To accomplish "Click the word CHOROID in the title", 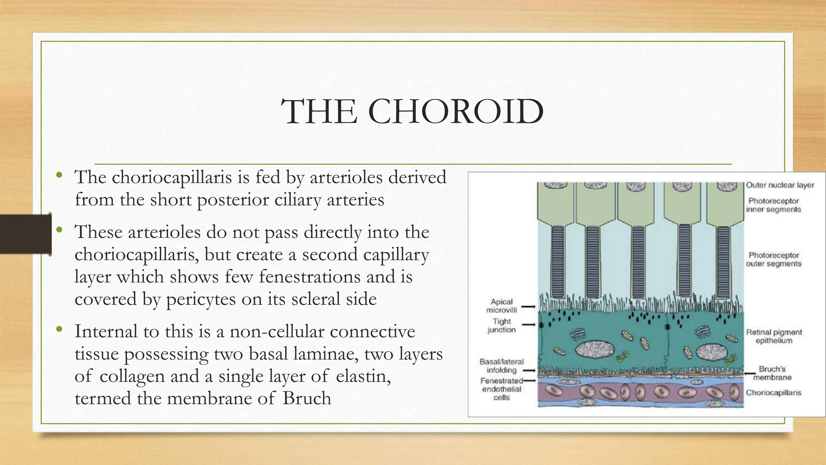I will (456, 111).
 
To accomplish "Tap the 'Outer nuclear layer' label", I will (780, 185).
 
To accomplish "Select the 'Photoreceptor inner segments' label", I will (773, 205).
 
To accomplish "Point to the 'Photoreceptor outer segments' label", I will (774, 259).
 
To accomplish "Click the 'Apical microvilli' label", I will (501, 306).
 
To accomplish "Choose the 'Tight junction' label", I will (501, 325).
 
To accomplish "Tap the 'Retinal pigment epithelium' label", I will (774, 336).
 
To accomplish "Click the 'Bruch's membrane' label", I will (772, 373).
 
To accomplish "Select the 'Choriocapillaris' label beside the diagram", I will (773, 392).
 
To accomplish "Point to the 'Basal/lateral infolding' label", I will (501, 366).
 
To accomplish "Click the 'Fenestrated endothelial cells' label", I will (501, 389).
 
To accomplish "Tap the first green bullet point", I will (59, 175).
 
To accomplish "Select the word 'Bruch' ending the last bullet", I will (307, 398).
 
